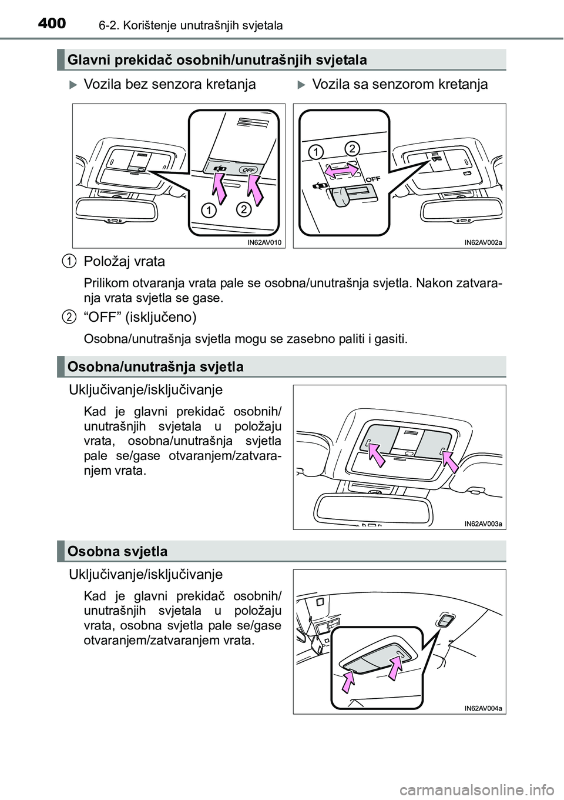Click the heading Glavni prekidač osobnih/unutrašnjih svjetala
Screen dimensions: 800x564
click(x=217, y=60)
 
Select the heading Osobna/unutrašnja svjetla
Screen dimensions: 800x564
click(x=156, y=367)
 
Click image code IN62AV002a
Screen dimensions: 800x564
click(x=483, y=242)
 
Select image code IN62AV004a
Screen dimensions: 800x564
click(x=483, y=708)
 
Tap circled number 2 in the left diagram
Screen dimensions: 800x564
click(x=244, y=209)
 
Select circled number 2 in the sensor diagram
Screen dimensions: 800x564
click(x=351, y=147)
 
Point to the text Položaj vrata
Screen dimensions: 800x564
click(x=125, y=261)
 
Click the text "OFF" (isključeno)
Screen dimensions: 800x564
click(x=140, y=317)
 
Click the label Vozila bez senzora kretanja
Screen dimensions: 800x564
click(x=170, y=85)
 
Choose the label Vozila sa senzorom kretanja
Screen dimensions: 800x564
click(x=399, y=85)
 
